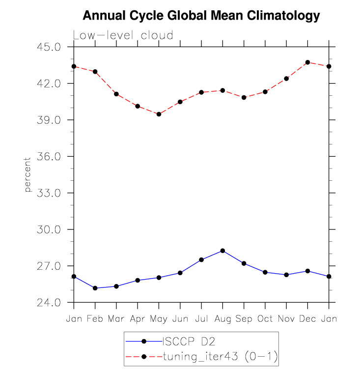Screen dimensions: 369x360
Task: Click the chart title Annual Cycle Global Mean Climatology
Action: click(201, 16)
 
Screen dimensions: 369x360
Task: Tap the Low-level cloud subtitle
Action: click(123, 35)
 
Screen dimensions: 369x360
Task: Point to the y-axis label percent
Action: click(28, 174)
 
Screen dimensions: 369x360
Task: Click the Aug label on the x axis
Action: click(222, 319)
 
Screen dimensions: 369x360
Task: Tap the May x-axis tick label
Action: click(159, 319)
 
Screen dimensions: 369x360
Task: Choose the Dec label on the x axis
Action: click(307, 319)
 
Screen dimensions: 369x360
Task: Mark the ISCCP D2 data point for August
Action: click(222, 251)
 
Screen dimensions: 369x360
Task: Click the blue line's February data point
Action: click(95, 288)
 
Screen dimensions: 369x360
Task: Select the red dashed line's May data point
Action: click(159, 114)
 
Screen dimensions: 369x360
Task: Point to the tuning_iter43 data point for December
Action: click(307, 62)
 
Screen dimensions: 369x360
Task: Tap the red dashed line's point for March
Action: click(116, 94)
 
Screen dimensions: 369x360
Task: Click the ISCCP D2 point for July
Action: click(201, 259)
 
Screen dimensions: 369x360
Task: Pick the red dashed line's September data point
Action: click(244, 97)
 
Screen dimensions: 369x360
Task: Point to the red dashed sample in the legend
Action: click(144, 355)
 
